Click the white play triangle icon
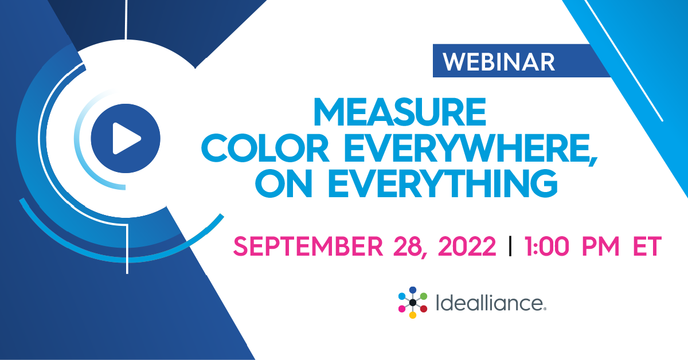[x=126, y=138]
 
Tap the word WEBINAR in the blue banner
[x=499, y=61]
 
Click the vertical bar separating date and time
[x=510, y=247]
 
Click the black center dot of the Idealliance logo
[x=413, y=302]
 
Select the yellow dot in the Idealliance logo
[x=413, y=315]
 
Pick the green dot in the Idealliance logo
[x=424, y=296]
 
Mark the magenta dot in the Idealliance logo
[x=402, y=309]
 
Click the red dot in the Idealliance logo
[x=424, y=309]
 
